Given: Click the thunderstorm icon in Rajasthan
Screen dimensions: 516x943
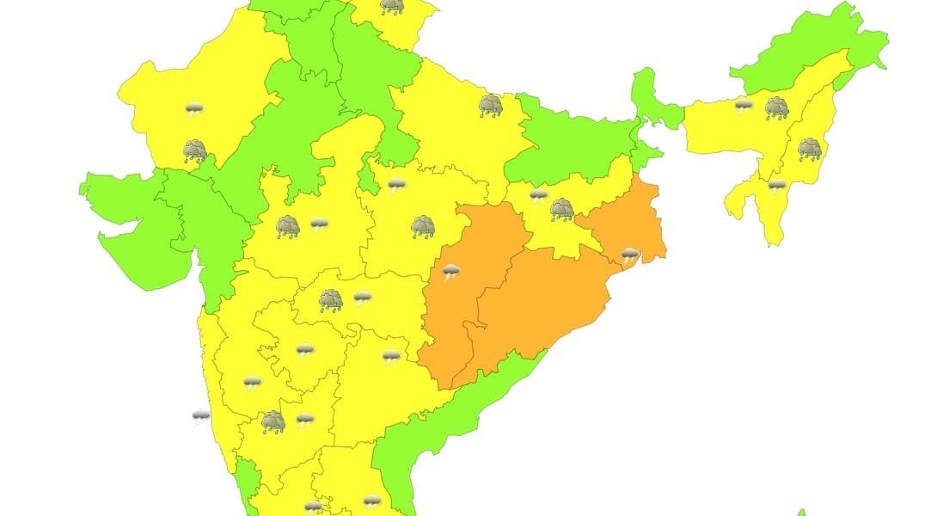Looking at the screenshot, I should point(194,108).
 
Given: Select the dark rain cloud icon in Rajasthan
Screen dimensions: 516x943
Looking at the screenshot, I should point(195,152).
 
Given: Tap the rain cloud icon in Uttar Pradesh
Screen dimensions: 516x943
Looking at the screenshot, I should point(491,105).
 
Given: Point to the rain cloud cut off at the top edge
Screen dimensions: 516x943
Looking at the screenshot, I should point(391,6).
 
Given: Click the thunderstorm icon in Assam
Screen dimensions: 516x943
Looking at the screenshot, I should point(744,105).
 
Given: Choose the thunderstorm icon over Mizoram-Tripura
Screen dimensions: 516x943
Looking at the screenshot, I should point(776,186).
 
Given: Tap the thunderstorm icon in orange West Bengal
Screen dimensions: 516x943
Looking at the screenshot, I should point(630,255).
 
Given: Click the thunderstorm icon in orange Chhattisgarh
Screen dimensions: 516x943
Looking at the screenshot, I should point(451,273).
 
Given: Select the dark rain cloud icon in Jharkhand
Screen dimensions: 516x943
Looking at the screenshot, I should point(562,209).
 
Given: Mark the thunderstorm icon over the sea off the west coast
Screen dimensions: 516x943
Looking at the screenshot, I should point(200,418).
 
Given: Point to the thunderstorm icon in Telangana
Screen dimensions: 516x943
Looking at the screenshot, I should point(391,356).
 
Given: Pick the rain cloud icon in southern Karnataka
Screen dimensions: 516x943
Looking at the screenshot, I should point(273,421).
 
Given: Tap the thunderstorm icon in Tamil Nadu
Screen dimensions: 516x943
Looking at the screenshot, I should point(370,501).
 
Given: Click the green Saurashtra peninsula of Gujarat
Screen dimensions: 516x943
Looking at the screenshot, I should point(129,232).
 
